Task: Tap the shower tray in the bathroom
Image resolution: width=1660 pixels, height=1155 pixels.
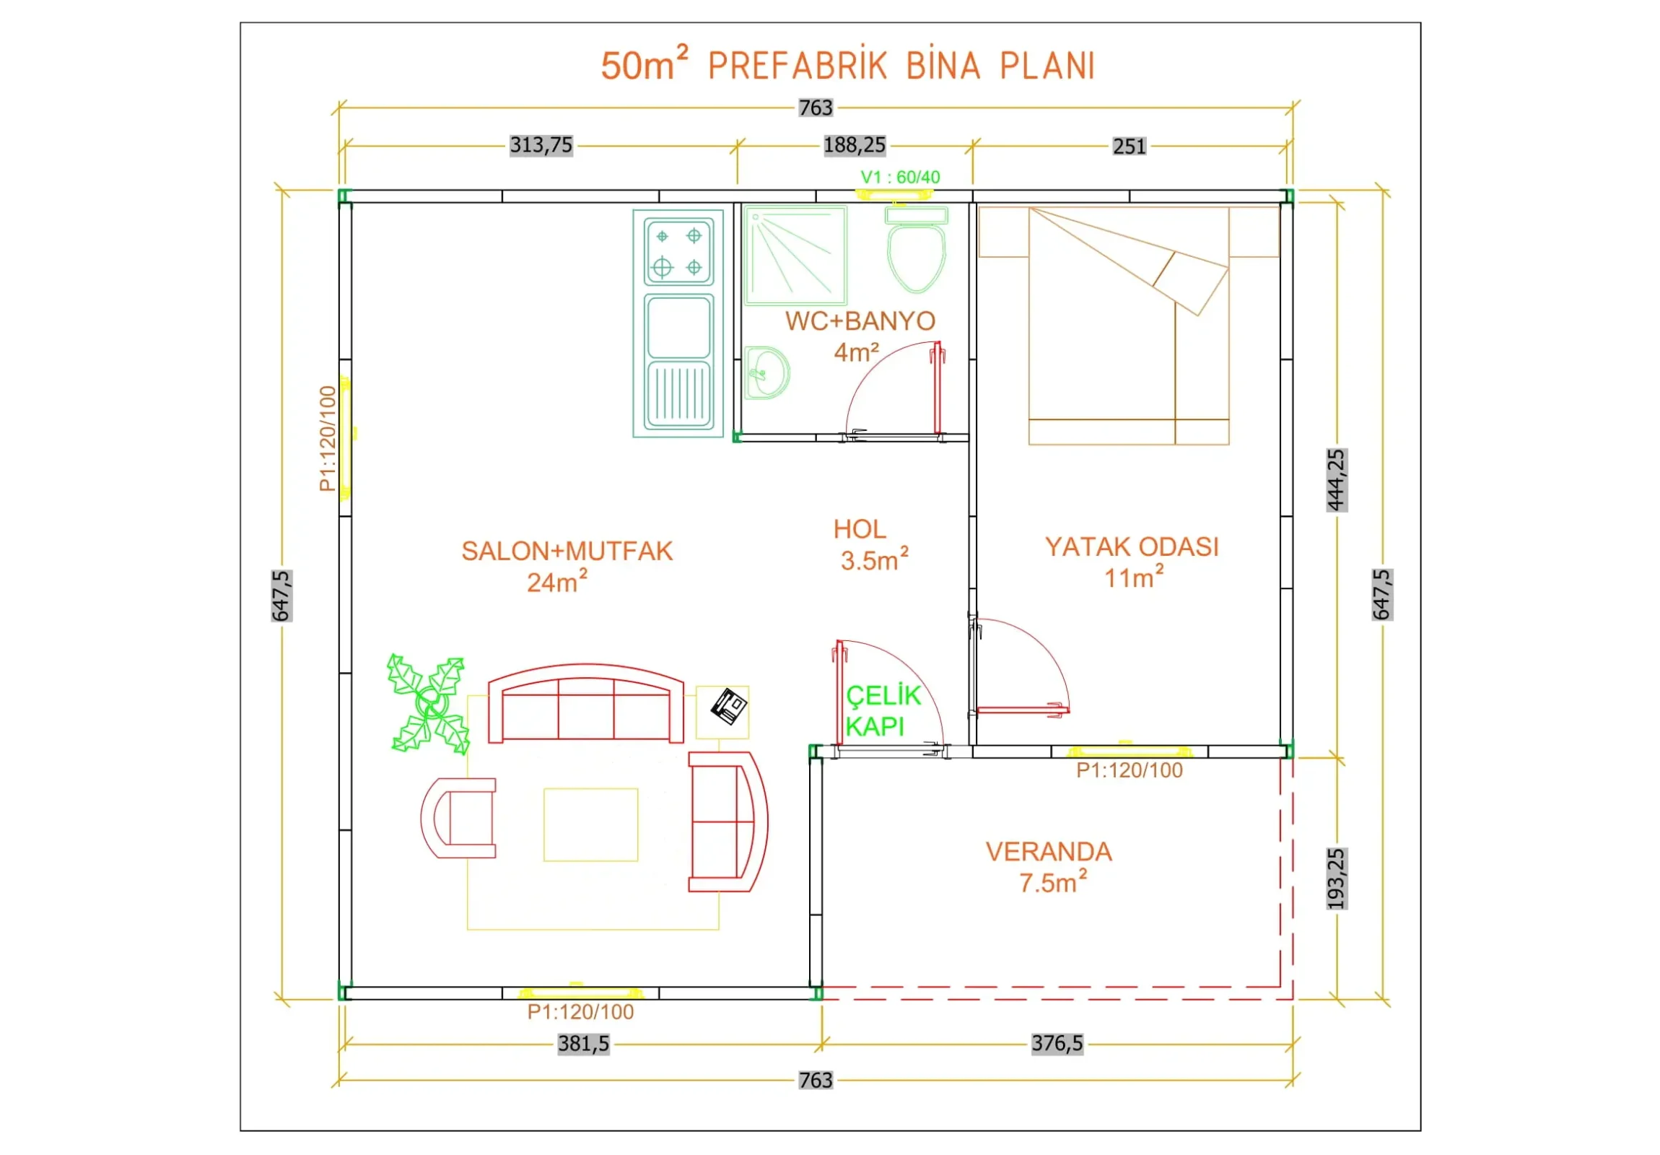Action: (795, 256)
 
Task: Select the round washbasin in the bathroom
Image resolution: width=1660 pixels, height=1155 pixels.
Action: (766, 372)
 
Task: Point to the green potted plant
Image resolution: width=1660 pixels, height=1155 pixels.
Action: (428, 704)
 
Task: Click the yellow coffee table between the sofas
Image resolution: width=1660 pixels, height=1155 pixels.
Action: (590, 824)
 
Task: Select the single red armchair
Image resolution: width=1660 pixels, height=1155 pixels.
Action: (458, 818)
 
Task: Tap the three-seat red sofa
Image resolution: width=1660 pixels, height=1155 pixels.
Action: (585, 704)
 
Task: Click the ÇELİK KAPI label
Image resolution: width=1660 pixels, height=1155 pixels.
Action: (883, 710)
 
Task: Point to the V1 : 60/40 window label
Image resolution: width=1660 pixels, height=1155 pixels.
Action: (900, 177)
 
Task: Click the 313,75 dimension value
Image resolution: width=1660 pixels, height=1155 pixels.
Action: (541, 145)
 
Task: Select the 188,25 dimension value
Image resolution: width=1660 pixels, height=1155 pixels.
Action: (855, 145)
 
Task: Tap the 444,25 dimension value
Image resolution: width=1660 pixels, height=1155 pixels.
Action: (1336, 479)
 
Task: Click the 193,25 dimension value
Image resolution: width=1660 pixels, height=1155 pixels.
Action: (1336, 879)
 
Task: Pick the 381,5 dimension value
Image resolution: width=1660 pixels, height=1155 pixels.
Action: (583, 1044)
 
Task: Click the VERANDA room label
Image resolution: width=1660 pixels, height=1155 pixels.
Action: (1049, 852)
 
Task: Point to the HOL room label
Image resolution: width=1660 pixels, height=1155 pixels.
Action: (860, 529)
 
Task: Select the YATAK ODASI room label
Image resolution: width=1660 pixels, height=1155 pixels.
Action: (1132, 546)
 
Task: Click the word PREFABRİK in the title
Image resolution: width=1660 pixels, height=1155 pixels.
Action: (798, 66)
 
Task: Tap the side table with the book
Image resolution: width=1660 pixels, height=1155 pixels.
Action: (722, 712)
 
